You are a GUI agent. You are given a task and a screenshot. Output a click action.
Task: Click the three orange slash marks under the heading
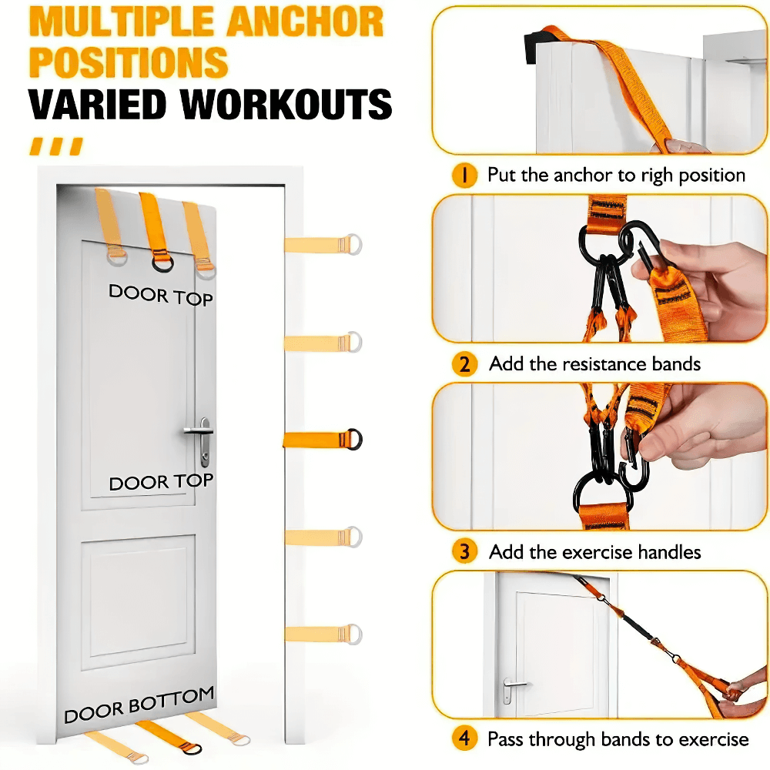click(x=55, y=146)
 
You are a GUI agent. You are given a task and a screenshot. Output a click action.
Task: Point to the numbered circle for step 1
click(x=464, y=176)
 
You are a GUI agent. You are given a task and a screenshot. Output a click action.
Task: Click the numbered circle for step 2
click(x=464, y=363)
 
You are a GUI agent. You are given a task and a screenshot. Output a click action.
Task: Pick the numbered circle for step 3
click(x=464, y=551)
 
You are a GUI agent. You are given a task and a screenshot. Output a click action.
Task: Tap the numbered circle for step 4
click(x=464, y=739)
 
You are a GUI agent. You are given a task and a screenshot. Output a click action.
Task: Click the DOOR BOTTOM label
click(x=139, y=705)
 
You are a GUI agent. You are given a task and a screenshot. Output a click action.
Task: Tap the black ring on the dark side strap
click(x=353, y=439)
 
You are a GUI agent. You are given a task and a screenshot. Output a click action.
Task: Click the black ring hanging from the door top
click(x=162, y=263)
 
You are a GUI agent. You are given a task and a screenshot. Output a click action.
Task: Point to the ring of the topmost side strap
click(x=353, y=244)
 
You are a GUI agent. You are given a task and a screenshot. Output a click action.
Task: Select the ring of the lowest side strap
click(x=353, y=633)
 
